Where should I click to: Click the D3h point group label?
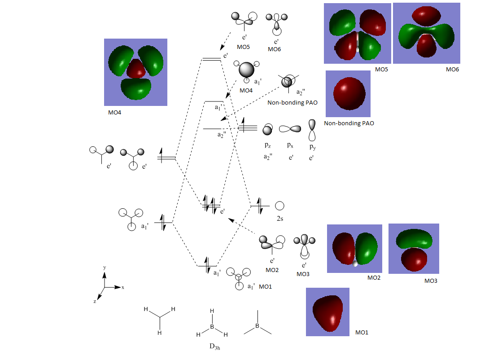[213, 347]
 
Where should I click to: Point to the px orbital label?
[290, 145]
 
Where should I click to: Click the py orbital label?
[312, 145]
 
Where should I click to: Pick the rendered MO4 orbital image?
[135, 72]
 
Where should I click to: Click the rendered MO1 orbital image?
[327, 312]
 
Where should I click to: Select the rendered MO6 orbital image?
[426, 33]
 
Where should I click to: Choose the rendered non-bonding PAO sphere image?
[348, 93]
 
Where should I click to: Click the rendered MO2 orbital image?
[354, 249]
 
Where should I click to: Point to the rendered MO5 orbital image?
[357, 33]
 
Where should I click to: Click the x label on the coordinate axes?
[122, 287]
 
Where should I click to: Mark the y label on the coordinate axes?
[105, 268]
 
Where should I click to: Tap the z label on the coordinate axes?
[95, 302]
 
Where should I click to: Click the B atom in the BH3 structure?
[213, 327]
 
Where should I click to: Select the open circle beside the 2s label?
[279, 206]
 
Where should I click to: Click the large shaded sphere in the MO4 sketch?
[246, 70]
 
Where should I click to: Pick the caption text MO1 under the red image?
[362, 333]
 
